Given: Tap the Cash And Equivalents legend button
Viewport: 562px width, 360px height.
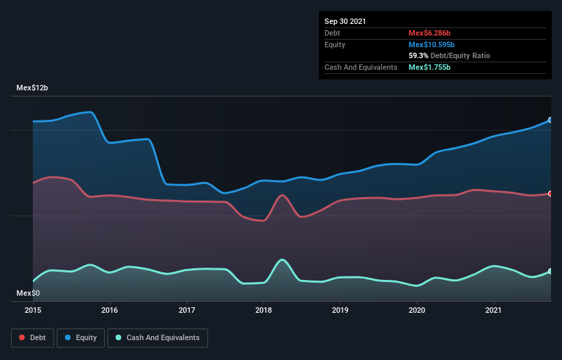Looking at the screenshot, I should pyautogui.click(x=157, y=337).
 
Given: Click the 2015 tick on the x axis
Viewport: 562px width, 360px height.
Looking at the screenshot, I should pyautogui.click(x=33, y=310).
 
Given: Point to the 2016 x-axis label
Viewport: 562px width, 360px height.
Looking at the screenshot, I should pyautogui.click(x=110, y=310).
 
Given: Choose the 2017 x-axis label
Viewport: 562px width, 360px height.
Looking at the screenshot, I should pyautogui.click(x=187, y=310).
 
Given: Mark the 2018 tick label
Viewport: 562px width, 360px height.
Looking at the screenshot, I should pyautogui.click(x=264, y=310).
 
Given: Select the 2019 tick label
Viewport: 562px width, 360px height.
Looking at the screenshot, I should pyautogui.click(x=340, y=310).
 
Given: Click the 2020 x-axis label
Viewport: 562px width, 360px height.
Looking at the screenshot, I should pyautogui.click(x=418, y=310).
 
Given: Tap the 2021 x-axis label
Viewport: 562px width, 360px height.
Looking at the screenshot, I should pyautogui.click(x=494, y=310).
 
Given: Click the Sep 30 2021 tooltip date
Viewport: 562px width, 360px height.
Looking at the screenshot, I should pyautogui.click(x=345, y=21).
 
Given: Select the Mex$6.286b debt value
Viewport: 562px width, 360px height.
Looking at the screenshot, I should pyautogui.click(x=429, y=33).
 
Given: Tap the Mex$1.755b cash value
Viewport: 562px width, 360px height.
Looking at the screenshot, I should pyautogui.click(x=429, y=67).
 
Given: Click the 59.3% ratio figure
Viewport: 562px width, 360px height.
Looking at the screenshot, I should pyautogui.click(x=419, y=55).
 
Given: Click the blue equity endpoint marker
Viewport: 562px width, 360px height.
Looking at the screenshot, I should pyautogui.click(x=550, y=120).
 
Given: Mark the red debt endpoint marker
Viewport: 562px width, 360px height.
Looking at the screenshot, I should pyautogui.click(x=550, y=194).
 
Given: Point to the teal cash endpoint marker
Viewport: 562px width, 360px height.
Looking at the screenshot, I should pyautogui.click(x=550, y=272).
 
